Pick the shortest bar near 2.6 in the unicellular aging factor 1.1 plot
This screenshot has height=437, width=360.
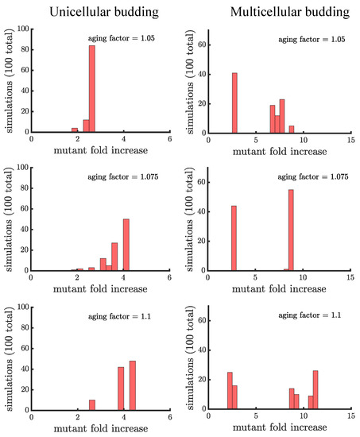[91, 404]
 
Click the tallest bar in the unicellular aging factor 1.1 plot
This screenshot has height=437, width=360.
[133, 385]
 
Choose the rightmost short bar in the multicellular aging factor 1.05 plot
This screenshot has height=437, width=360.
[291, 129]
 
